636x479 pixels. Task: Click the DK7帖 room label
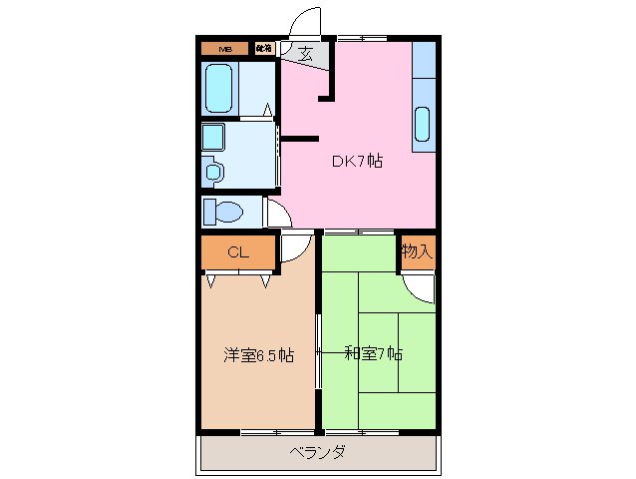[x=357, y=160]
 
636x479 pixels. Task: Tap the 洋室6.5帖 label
[x=258, y=354]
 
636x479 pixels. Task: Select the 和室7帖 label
[x=372, y=353]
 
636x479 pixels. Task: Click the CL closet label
[x=237, y=252]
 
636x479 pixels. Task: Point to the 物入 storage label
[x=417, y=251]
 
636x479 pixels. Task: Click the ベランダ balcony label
[x=318, y=452]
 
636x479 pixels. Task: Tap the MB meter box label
[x=225, y=48]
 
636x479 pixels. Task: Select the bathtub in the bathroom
[x=219, y=88]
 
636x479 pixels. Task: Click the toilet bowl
[x=228, y=213]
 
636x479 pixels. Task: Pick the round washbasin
[x=213, y=171]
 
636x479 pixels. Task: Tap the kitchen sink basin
[x=423, y=124]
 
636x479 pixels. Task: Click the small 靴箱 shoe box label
[x=264, y=48]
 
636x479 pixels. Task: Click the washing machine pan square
[x=214, y=136]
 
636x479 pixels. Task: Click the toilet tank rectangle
[x=209, y=213]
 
